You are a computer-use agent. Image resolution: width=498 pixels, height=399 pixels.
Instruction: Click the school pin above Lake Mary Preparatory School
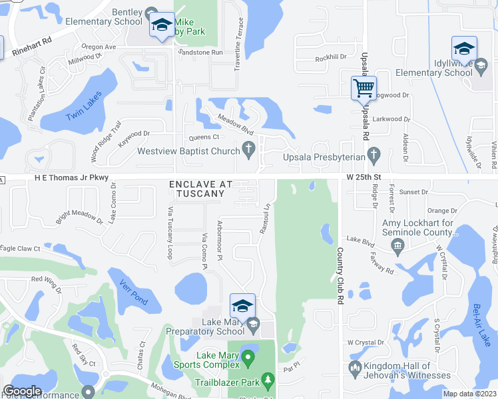[243, 306]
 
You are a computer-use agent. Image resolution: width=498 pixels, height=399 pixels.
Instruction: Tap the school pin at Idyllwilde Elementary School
[464, 49]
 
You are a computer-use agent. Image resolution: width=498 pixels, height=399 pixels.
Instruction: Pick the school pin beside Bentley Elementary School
[161, 25]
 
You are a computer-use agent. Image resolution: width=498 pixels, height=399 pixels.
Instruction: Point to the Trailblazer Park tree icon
[268, 380]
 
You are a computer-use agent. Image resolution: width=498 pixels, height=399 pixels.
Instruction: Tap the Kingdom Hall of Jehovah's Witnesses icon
[354, 368]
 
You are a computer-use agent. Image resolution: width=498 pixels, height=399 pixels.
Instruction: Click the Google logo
[22, 391]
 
